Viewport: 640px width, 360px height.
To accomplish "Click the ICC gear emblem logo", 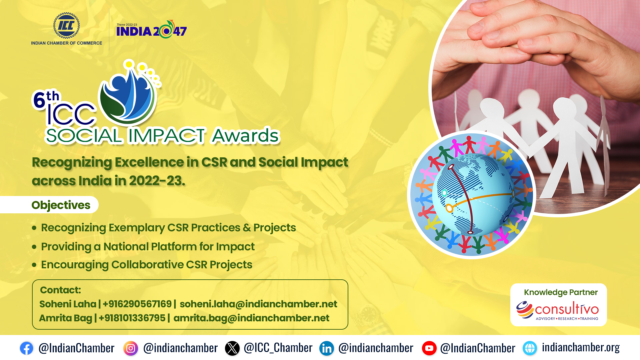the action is coord(67,26).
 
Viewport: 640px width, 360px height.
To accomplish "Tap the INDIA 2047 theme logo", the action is coord(152,29).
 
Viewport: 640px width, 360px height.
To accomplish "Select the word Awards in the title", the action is coord(246,135).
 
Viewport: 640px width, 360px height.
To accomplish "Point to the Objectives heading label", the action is coord(61,205).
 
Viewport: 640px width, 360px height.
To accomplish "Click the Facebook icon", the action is coord(26,348).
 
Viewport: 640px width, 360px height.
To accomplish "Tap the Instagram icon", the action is coord(131,348).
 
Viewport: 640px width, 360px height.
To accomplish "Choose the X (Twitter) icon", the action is coord(232,348).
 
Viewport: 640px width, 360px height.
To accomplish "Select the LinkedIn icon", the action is coord(327,348).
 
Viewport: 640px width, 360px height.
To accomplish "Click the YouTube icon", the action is coord(429,348).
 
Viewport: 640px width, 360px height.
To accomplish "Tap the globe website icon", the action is coord(530,348).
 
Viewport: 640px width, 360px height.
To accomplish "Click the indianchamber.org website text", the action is coord(581,347).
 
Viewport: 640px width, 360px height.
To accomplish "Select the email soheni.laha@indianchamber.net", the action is coord(258,304).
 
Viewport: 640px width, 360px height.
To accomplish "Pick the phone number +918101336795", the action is coord(132,318).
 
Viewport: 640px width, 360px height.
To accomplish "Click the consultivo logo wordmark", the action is coord(558,310).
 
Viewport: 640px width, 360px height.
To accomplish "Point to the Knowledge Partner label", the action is coord(561,292).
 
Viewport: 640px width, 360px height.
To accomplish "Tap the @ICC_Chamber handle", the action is coord(278,348).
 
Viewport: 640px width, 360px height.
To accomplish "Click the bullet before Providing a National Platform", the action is coord(34,247).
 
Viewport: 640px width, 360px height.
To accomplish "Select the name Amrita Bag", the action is coord(66,318).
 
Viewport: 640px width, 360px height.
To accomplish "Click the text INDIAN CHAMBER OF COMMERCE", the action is coord(67,43).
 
